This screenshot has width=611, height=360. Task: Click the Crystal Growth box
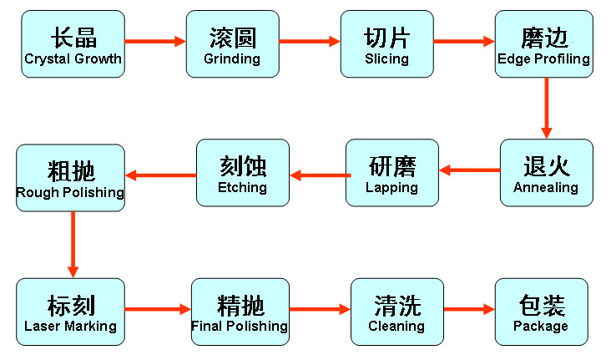[x=73, y=44]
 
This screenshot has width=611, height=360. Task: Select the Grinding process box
[x=231, y=44]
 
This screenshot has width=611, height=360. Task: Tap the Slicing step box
[x=386, y=44]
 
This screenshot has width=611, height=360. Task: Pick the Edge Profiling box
[x=543, y=44]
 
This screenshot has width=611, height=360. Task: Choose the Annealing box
[x=545, y=172]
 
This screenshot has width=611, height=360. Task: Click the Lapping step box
[x=391, y=172]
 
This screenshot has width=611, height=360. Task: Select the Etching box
[x=242, y=172]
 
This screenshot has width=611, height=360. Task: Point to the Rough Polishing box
[x=71, y=177]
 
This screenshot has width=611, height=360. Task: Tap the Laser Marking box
[x=71, y=311]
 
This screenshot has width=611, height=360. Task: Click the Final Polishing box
[x=240, y=311]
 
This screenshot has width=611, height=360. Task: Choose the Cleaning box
[x=396, y=311]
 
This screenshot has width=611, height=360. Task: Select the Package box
[x=540, y=311]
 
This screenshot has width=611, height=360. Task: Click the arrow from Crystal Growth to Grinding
[x=155, y=40]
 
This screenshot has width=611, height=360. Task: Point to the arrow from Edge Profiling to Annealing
[x=547, y=107]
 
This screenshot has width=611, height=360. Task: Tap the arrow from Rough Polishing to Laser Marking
[x=73, y=244]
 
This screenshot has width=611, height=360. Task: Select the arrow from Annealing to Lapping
[x=470, y=170]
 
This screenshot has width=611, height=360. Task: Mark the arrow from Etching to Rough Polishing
[x=160, y=175]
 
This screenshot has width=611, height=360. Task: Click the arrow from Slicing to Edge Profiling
[x=464, y=40]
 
